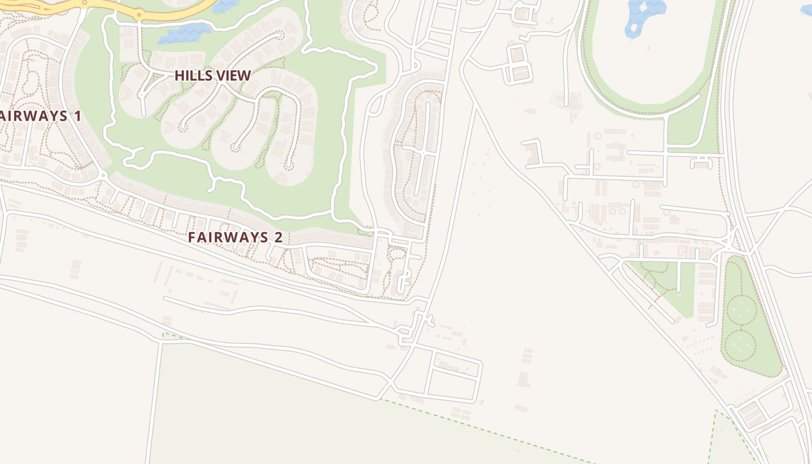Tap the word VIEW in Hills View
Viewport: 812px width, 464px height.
click(x=235, y=75)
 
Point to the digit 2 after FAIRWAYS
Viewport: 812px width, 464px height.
click(x=278, y=237)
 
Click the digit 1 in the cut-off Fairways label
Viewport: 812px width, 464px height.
click(x=77, y=116)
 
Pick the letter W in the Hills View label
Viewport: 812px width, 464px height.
click(x=244, y=75)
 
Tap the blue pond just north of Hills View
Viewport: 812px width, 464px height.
click(x=184, y=34)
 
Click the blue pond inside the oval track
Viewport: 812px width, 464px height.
click(x=644, y=14)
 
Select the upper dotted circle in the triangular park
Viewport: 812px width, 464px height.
click(x=742, y=310)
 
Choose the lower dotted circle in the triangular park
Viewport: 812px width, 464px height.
click(x=741, y=345)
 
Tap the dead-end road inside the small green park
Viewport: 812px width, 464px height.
click(x=679, y=275)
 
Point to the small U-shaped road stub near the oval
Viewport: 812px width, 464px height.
click(x=701, y=162)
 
